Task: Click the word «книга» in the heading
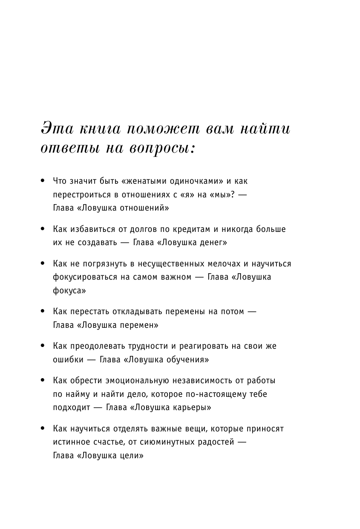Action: point(98,128)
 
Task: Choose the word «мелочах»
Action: point(226,263)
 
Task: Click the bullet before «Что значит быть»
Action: point(42,181)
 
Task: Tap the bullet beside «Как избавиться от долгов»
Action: point(42,229)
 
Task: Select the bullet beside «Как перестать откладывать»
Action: point(42,312)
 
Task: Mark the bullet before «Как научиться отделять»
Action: point(42,428)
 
